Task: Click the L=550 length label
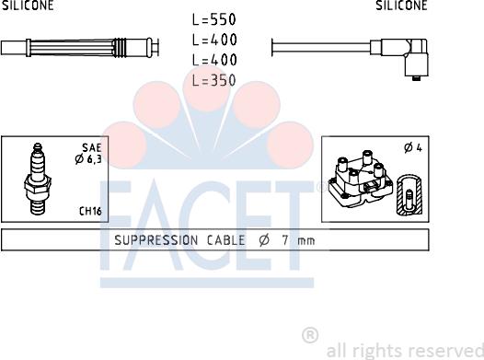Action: tap(214, 19)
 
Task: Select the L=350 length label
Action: tap(214, 80)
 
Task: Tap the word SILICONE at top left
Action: tap(28, 5)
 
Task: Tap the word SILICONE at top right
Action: tap(401, 5)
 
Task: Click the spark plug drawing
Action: tap(38, 179)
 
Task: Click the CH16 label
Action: tap(90, 211)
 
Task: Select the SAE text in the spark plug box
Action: tap(92, 148)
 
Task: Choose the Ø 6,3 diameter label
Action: tap(88, 159)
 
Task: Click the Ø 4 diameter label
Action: tap(413, 148)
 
